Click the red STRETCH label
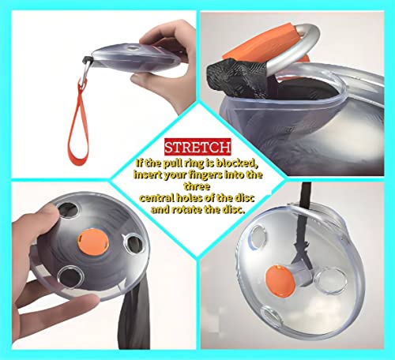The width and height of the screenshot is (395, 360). pyautogui.click(x=197, y=147)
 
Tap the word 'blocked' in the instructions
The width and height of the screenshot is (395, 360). pyautogui.click(x=236, y=163)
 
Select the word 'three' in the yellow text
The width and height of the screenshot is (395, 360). pyautogui.click(x=197, y=186)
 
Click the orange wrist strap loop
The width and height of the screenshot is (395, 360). pyautogui.click(x=78, y=126)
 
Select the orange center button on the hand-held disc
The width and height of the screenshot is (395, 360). pyautogui.click(x=93, y=242)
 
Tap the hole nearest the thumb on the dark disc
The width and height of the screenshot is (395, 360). pyautogui.click(x=68, y=210)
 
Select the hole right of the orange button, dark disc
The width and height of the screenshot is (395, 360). pyautogui.click(x=134, y=243)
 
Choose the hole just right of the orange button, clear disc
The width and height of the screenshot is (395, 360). pyautogui.click(x=330, y=281)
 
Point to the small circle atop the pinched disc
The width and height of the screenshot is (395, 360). pyautogui.click(x=133, y=48)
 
